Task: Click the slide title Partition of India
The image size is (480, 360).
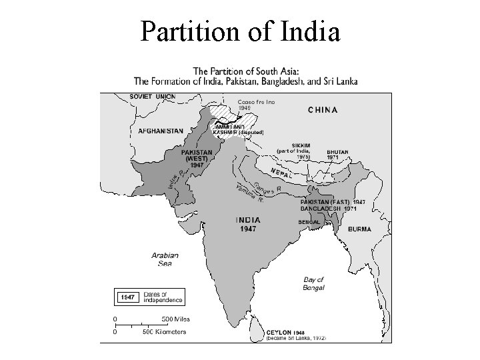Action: point(240,31)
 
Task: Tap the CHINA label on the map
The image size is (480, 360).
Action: point(323,109)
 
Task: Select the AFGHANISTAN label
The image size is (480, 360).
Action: point(160,131)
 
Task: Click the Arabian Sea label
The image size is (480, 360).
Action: point(165,259)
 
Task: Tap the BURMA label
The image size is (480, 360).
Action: point(358,229)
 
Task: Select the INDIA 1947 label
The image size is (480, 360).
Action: point(249,224)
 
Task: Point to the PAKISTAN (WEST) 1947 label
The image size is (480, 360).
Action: point(197,158)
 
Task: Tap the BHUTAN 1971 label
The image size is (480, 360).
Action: point(337,154)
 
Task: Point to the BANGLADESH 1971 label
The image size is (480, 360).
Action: point(329,209)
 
